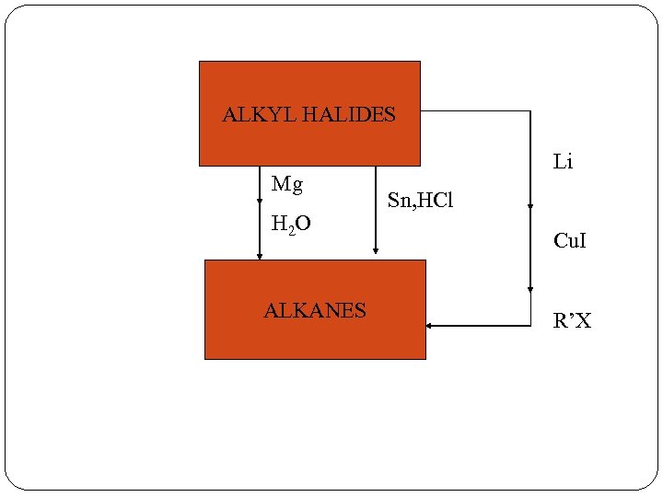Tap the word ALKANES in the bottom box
click(315, 311)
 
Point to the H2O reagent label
click(291, 224)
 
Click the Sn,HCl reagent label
click(421, 201)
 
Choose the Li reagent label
click(563, 163)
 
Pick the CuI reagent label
click(570, 242)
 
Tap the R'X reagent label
click(572, 321)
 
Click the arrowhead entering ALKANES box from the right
click(430, 326)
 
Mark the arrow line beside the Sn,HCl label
click(376, 202)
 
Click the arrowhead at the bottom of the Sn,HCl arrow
click(376, 250)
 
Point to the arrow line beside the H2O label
click(260, 225)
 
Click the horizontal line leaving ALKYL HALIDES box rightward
click(474, 110)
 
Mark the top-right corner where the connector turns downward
click(530, 110)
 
